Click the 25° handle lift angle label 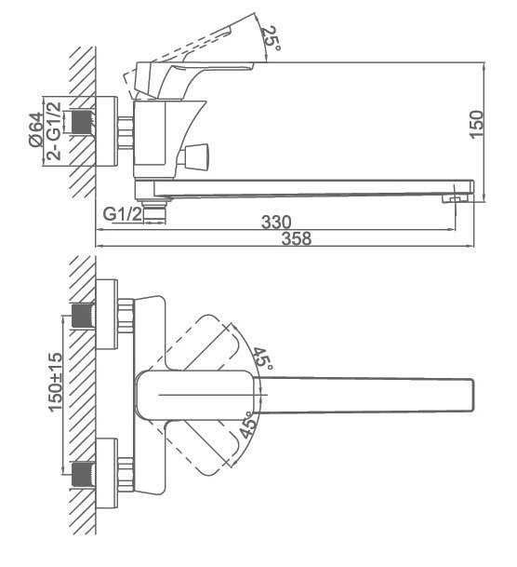tap(271, 38)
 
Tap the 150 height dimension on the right tap(476, 124)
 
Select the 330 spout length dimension tap(276, 222)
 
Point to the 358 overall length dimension tap(296, 238)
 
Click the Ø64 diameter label tap(35, 129)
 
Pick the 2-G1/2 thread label tap(54, 131)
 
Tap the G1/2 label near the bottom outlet tap(123, 214)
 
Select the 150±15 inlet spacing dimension tap(55, 383)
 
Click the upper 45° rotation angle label tap(262, 358)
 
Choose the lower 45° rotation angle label tap(249, 425)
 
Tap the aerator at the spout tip tap(455, 198)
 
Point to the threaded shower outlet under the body tap(153, 212)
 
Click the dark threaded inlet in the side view tap(82, 122)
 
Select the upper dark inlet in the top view tap(84, 316)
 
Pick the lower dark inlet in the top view tap(84, 475)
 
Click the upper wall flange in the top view tap(107, 315)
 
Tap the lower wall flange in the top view tap(107, 473)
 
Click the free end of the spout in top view tap(473, 395)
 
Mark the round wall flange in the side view tap(107, 131)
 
